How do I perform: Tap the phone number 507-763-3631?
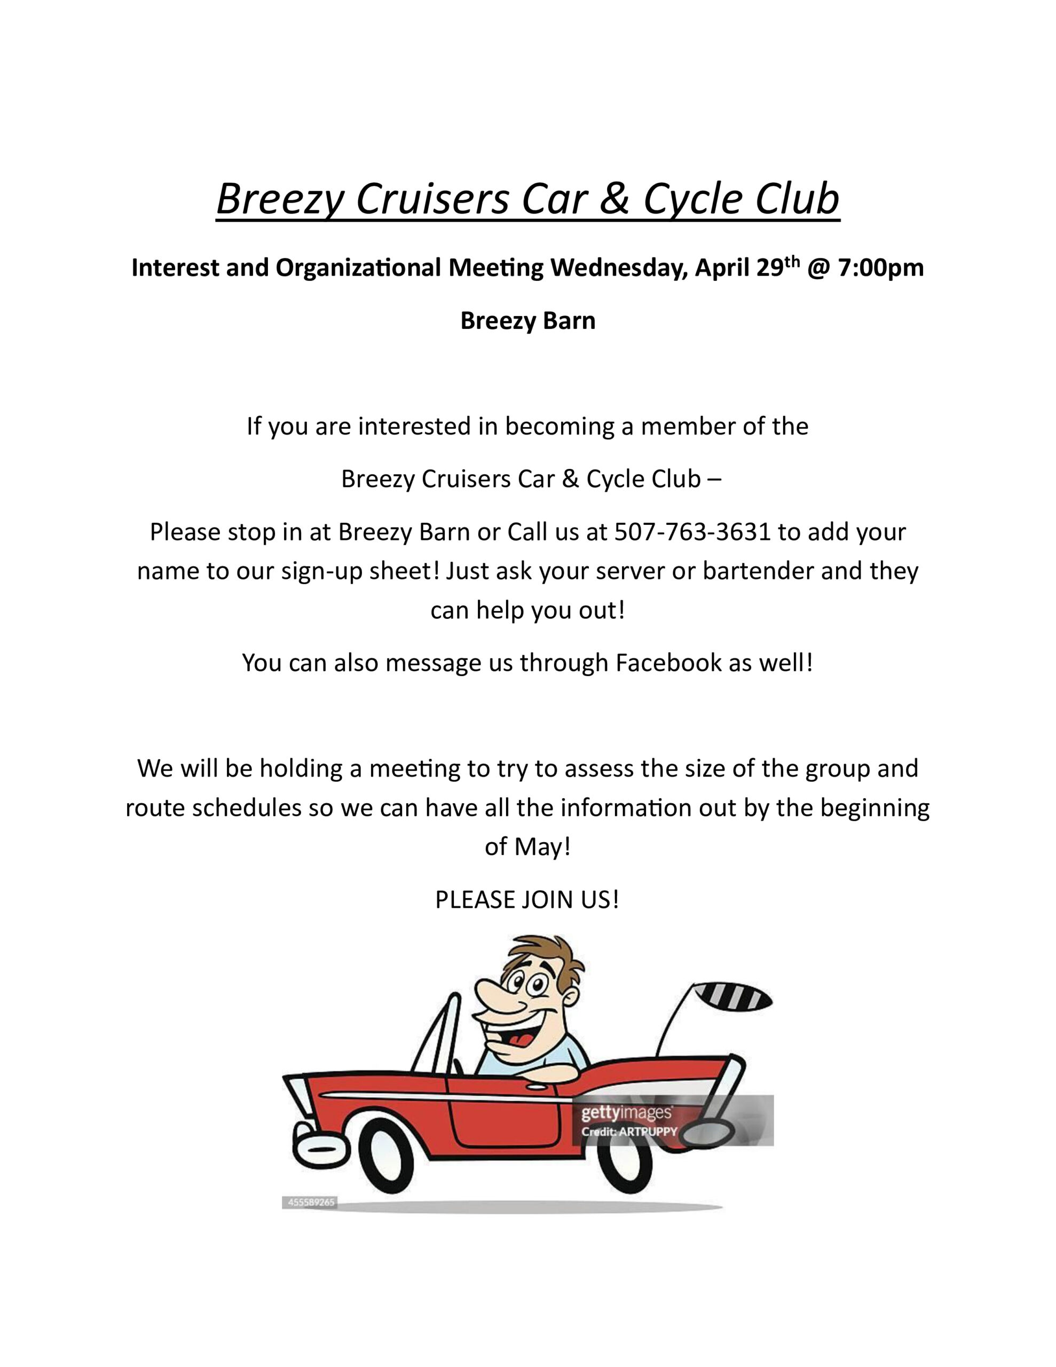(x=692, y=532)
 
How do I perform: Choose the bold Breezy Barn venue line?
(x=527, y=321)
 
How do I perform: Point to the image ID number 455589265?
(x=311, y=1203)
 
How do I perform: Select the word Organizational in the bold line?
(x=359, y=268)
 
